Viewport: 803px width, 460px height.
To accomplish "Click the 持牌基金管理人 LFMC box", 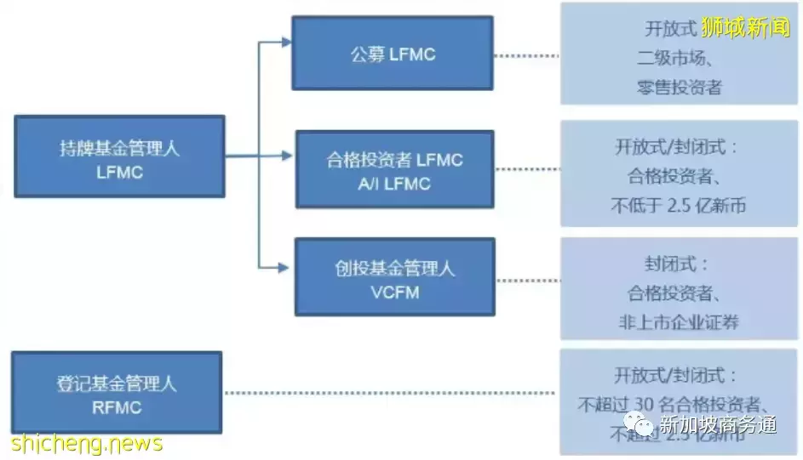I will pos(119,156).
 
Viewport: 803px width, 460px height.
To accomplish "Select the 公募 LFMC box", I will pos(393,54).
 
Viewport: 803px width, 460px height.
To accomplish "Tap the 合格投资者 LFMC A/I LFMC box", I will pos(394,169).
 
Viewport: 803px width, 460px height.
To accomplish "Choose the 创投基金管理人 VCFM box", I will pos(394,278).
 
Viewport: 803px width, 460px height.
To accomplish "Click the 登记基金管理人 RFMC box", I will pos(117,393).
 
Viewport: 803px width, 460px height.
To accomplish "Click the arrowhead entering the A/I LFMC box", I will pos(288,156).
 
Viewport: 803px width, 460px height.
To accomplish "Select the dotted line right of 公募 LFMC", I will pos(525,56).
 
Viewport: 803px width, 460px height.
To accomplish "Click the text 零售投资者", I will pos(679,86).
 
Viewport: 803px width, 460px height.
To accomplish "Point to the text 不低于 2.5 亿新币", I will pos(679,205).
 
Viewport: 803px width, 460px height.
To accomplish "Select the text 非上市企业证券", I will pos(679,322).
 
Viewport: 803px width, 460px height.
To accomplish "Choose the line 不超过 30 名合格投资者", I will pos(679,403).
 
